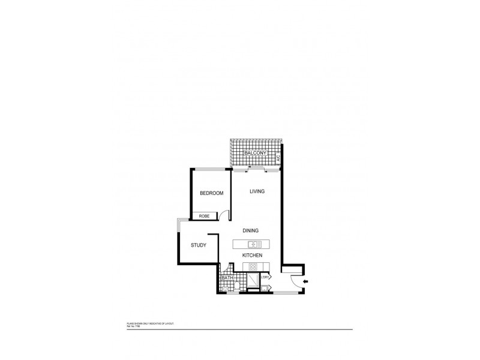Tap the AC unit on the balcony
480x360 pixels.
(x=278, y=158)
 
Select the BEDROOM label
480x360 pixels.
(x=211, y=193)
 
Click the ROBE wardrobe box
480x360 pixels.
(x=200, y=216)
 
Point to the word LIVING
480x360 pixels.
(x=257, y=191)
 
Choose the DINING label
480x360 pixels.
(x=251, y=230)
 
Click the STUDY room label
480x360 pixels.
(x=199, y=245)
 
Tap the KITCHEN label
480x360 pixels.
(x=253, y=256)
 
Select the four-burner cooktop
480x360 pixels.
(x=253, y=266)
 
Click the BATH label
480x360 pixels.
(x=227, y=278)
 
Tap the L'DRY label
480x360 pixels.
(x=266, y=277)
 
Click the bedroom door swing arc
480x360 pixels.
(x=223, y=215)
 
